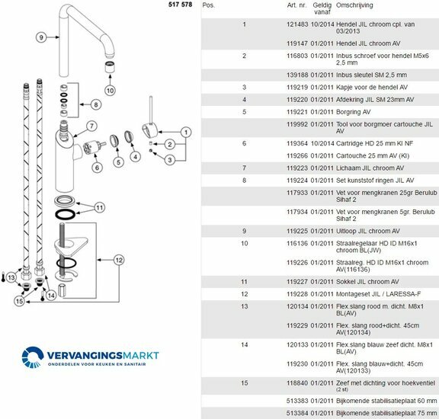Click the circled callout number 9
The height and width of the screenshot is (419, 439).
[41, 37]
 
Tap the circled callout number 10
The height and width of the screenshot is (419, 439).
[110, 91]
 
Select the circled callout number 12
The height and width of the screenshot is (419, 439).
[119, 260]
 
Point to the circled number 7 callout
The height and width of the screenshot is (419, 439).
[91, 126]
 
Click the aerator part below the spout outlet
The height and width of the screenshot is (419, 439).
[110, 66]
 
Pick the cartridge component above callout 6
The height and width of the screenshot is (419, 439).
[93, 148]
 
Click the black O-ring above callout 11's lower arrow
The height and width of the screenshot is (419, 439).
[66, 215]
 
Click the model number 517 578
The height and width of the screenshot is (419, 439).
[181, 5]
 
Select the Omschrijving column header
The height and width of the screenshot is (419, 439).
[354, 5]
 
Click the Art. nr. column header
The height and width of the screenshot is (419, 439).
[296, 5]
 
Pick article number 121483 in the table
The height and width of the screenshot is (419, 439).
[297, 24]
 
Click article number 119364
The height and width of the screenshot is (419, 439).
[297, 143]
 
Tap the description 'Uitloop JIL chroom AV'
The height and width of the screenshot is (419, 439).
[368, 231]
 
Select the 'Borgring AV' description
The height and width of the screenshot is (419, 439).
[353, 112]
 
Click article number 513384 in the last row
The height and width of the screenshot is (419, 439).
[297, 413]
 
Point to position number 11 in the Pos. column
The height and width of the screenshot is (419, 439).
[244, 282]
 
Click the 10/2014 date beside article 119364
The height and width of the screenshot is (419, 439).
[322, 143]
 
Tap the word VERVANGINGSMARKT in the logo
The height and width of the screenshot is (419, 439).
[103, 356]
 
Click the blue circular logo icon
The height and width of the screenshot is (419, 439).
[33, 357]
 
